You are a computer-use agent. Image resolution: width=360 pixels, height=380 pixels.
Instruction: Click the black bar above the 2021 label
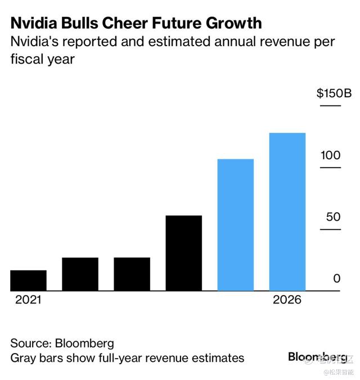[x=28, y=280]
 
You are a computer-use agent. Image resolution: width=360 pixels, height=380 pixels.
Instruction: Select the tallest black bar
[x=183, y=253]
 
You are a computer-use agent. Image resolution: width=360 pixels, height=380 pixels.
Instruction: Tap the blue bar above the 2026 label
[x=287, y=212]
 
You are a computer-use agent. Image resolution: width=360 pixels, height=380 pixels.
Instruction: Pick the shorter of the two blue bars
[x=235, y=225]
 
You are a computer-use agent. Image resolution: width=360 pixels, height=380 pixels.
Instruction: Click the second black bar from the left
[x=80, y=274]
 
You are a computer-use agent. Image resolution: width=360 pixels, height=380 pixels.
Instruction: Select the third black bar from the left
[x=132, y=274]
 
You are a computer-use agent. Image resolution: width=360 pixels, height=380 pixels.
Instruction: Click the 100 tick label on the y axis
[x=331, y=155]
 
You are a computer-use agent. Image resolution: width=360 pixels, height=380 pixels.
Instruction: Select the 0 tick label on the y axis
[x=336, y=279]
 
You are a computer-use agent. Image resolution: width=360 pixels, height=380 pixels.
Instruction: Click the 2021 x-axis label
[x=28, y=300]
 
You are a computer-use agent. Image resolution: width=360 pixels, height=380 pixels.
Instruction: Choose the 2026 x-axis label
[x=287, y=300]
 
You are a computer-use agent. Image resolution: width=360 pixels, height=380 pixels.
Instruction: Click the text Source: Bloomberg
[x=62, y=343]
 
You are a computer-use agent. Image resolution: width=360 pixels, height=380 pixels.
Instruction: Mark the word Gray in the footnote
[x=23, y=358]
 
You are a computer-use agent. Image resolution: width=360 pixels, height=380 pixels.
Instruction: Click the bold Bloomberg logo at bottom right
[x=317, y=357]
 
